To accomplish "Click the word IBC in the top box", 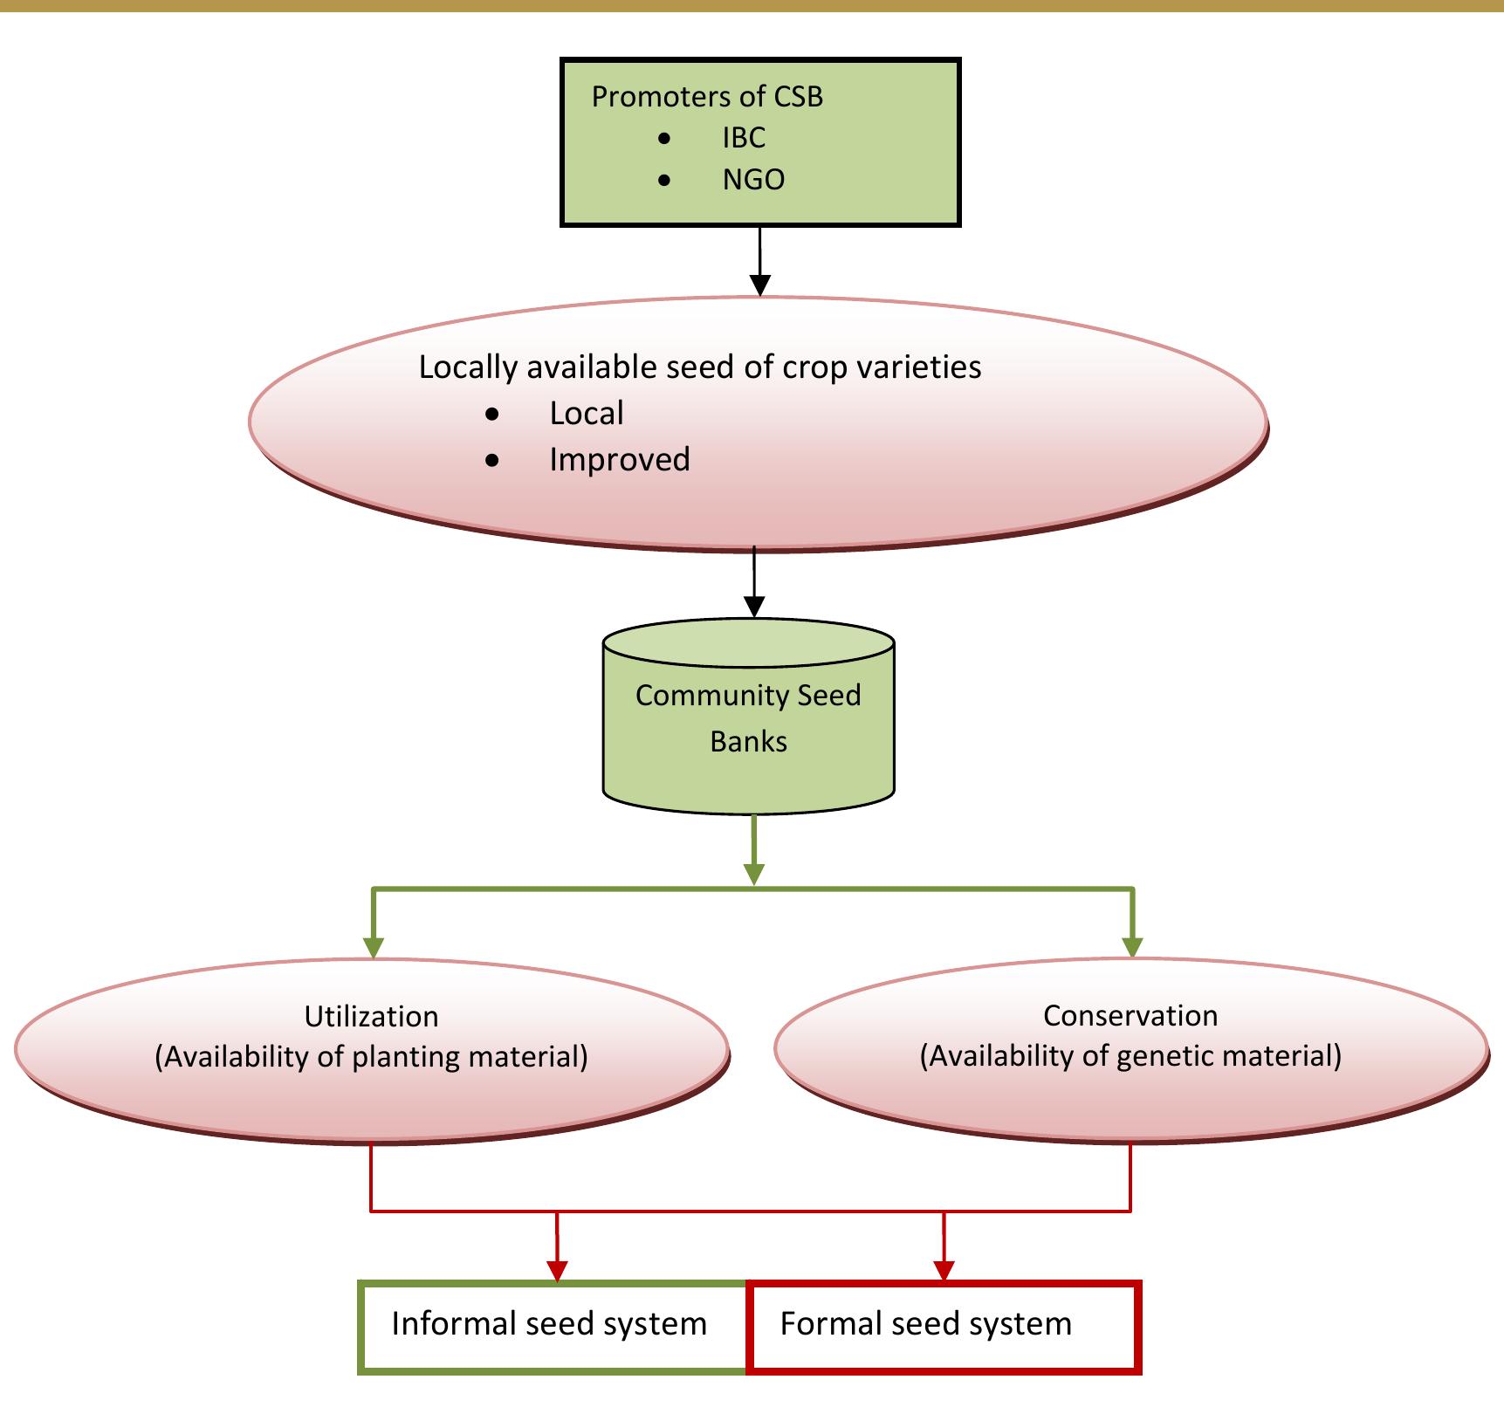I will coord(743,138).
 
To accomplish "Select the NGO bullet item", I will coord(753,180).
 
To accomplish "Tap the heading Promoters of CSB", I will coord(707,97).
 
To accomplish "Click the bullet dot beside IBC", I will coord(665,139).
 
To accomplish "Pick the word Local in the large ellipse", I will coord(587,414).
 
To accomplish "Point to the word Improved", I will coord(620,460).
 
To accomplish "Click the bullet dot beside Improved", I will coord(493,460).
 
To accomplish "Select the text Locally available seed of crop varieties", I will coord(700,367).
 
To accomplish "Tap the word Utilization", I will coord(371,1017).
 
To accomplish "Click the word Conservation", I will coord(1130,1016).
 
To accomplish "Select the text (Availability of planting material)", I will coord(371,1057).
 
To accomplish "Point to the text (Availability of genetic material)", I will coord(1130,1056).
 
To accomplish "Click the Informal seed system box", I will coord(549,1324).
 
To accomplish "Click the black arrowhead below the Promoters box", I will coord(760,285).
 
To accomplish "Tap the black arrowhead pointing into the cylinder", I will coord(754,607).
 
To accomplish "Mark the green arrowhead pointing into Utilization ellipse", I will coord(373,948).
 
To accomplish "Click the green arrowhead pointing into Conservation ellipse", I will coord(1132,947).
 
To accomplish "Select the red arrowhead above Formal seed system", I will coord(944,1271).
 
